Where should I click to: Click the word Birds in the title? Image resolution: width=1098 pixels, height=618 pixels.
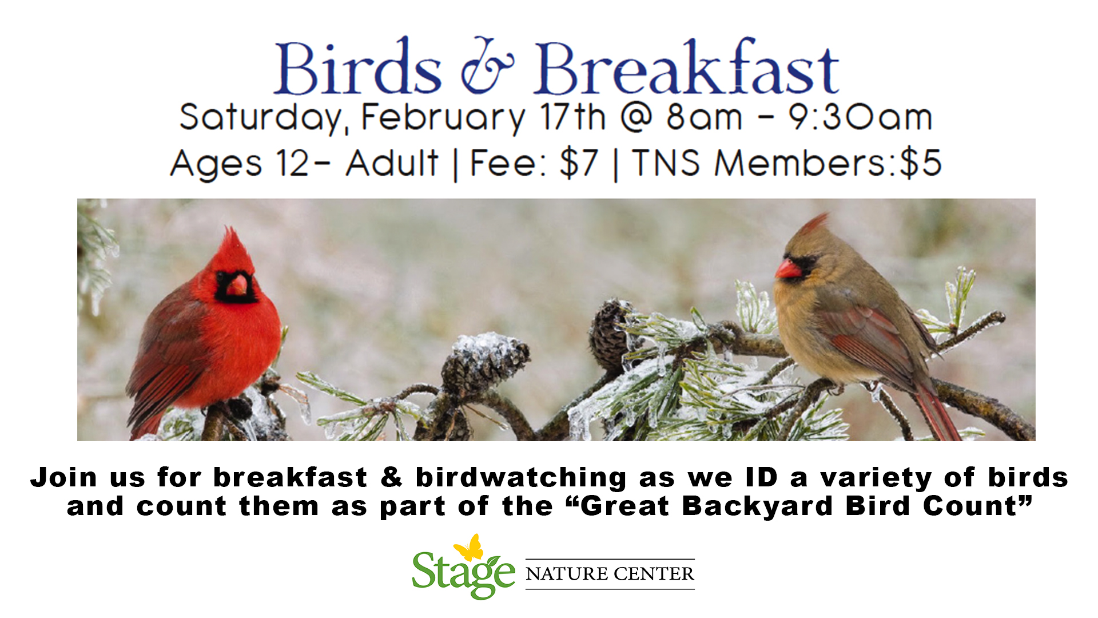[358, 68]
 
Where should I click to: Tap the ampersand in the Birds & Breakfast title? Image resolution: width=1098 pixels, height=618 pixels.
[487, 68]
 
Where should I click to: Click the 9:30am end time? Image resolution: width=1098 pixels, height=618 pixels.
[861, 118]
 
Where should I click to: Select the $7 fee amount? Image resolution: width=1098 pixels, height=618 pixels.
[579, 163]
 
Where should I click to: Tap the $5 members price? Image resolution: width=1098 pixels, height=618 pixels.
[920, 163]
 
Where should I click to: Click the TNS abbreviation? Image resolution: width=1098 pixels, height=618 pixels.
[666, 163]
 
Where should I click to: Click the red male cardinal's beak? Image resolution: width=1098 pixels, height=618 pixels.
[238, 284]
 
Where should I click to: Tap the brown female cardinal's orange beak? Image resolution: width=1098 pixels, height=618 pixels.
[787, 268]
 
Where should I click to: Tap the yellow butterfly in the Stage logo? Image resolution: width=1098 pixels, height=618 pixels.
[469, 548]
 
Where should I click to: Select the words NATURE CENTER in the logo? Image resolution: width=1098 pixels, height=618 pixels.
[610, 574]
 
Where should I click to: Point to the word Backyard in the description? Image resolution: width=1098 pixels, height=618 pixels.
[757, 507]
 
